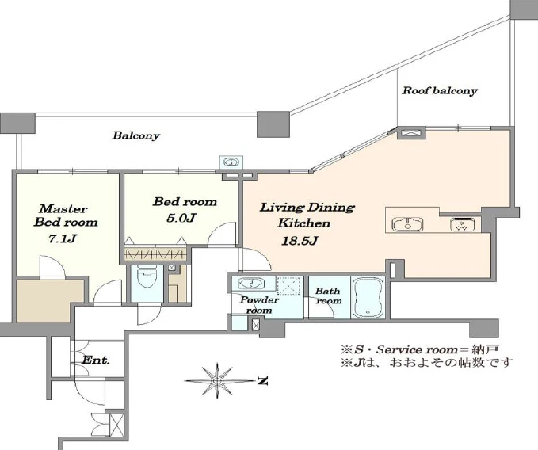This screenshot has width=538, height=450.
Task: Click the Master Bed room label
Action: tap(65, 215)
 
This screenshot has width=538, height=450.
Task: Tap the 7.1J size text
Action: tap(62, 238)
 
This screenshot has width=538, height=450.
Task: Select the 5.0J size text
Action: tap(181, 218)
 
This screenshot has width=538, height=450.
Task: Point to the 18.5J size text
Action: tap(300, 241)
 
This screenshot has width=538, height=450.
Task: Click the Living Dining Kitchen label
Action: tap(307, 215)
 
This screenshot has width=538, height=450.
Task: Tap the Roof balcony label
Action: tap(440, 90)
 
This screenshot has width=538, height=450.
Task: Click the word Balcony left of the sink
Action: tap(135, 135)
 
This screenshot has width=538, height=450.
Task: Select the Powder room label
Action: tap(259, 305)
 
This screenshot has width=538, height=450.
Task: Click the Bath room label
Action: tap(328, 296)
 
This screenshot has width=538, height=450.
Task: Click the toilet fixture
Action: tap(147, 276)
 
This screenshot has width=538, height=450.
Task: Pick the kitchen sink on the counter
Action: tap(407, 224)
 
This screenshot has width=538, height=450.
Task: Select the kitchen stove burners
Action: tap(463, 224)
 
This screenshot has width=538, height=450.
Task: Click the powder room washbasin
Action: tap(251, 284)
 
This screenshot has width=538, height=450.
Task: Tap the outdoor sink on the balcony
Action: tap(231, 162)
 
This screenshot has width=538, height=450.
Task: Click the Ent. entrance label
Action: tap(96, 360)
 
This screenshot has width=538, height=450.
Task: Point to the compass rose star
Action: tap(217, 381)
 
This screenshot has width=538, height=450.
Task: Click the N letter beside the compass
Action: tap(262, 381)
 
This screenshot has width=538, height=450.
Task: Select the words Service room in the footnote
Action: tap(417, 349)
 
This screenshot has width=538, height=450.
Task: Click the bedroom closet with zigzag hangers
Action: tap(155, 254)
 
